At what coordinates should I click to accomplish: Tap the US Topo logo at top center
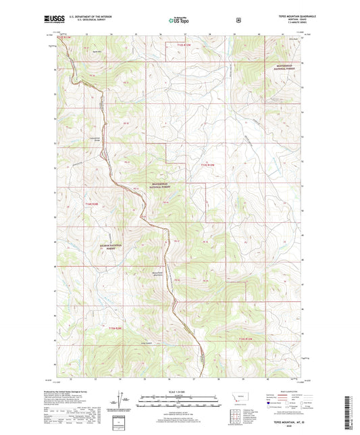178,21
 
